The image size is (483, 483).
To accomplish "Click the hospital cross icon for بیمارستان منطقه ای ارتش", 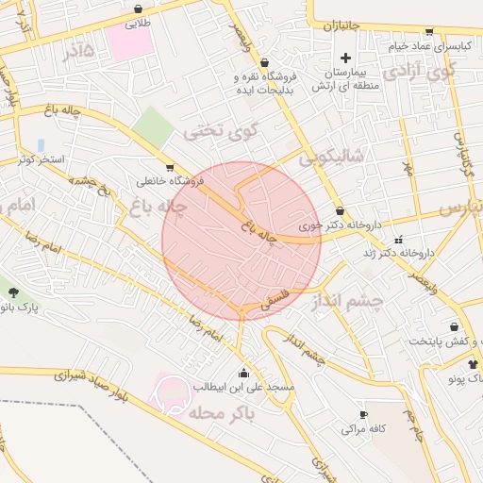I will tap(346, 58).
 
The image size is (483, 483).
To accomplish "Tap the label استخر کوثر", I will tap(40, 159).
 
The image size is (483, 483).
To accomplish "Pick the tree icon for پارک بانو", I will tap(12, 292).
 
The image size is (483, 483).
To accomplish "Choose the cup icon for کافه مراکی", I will tap(363, 415).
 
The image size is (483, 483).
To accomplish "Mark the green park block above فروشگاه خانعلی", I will tap(148, 125).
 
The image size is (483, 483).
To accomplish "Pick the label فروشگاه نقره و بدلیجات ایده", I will tap(265, 82).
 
